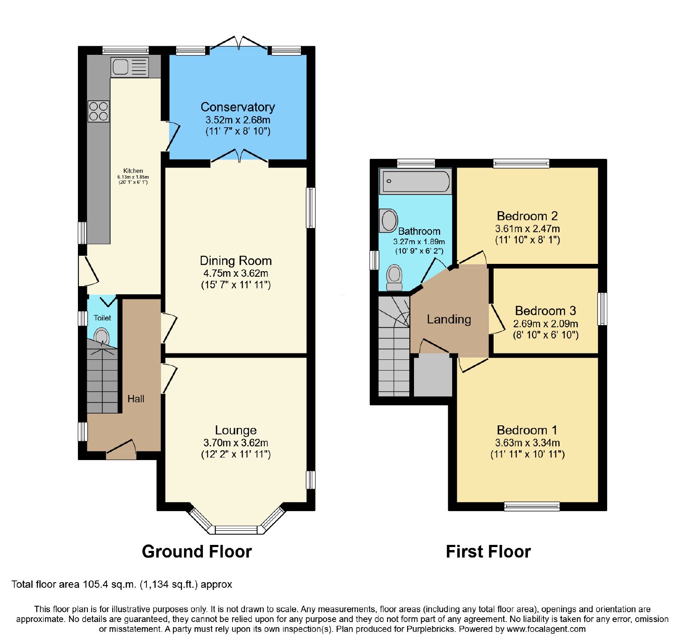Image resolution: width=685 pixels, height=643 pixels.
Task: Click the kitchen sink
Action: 130,67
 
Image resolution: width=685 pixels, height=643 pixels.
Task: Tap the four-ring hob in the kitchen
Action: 98,111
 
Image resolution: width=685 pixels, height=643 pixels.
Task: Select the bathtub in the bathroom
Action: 416,181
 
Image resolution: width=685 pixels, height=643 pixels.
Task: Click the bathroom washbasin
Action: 389,221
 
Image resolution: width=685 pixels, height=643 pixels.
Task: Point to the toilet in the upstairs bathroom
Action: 394,277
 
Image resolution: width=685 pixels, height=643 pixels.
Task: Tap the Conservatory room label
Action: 238,107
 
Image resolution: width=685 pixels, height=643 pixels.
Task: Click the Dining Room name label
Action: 236,260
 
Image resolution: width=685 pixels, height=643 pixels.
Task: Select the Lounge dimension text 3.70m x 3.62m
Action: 236,443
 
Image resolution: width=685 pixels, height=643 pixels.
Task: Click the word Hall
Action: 136,399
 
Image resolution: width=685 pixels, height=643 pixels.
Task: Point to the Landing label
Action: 449,319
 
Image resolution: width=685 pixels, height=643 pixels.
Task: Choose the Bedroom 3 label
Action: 545,311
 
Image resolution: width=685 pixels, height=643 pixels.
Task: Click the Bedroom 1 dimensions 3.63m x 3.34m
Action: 527,443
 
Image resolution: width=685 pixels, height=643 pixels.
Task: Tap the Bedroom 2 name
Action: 527,216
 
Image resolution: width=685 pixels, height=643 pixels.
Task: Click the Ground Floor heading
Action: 197,551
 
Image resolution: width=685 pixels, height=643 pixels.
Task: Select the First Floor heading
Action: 488,551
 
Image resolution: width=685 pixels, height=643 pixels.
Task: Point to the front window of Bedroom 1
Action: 532,506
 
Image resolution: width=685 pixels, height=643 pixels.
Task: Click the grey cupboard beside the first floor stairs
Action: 433,376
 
